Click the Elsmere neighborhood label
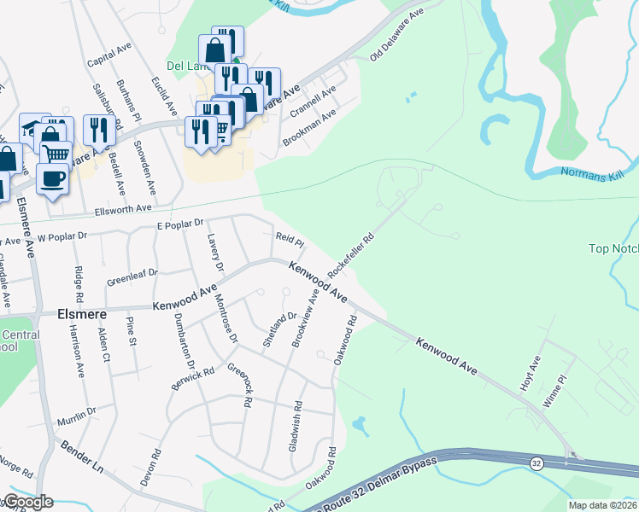(x=81, y=312)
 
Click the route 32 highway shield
(x=536, y=463)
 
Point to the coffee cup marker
(x=54, y=178)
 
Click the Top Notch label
(x=613, y=249)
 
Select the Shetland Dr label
(x=278, y=325)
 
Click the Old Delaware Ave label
(x=397, y=35)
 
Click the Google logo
(x=26, y=502)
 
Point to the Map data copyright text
(x=602, y=505)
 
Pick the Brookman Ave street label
(x=309, y=128)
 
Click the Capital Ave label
(x=108, y=57)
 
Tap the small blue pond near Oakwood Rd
(x=360, y=424)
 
